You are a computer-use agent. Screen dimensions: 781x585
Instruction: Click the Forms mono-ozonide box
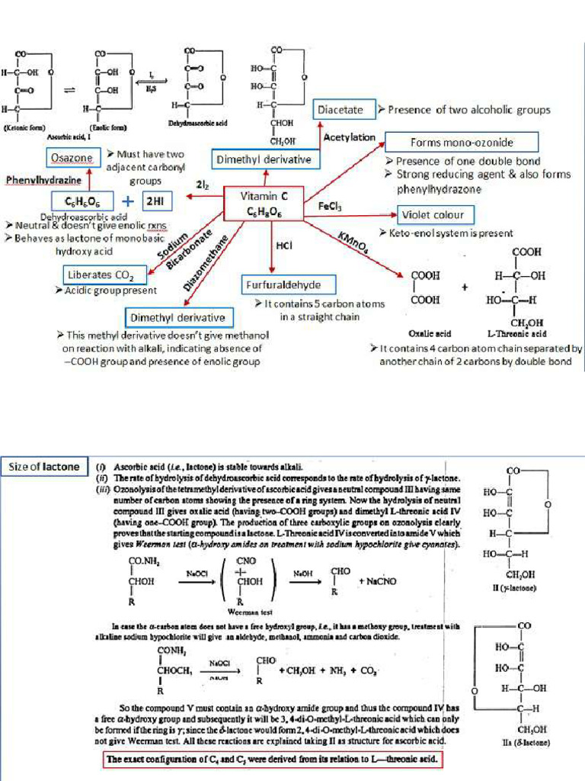(x=461, y=142)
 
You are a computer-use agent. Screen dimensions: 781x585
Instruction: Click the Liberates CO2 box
(x=101, y=275)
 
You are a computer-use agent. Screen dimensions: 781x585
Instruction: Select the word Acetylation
(x=350, y=137)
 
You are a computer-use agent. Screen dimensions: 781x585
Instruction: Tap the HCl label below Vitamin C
(x=283, y=246)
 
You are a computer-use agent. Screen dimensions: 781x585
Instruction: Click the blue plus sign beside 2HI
(x=127, y=201)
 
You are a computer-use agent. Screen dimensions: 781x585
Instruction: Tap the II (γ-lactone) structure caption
(x=516, y=589)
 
